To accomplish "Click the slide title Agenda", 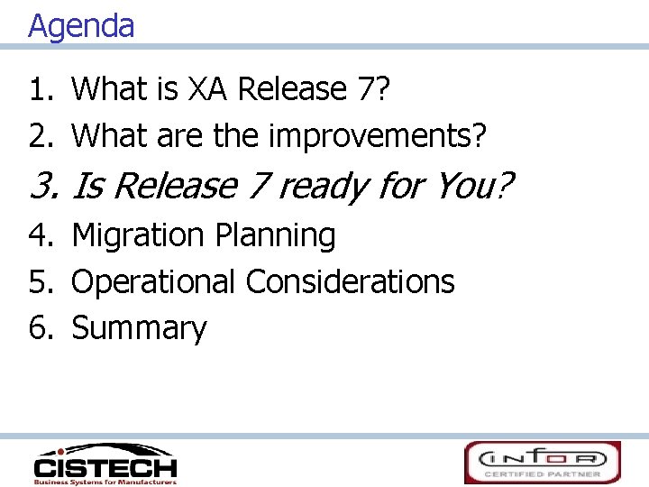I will pyautogui.click(x=81, y=25).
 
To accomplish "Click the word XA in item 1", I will pyautogui.click(x=208, y=89).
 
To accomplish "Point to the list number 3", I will pyautogui.click(x=42, y=186).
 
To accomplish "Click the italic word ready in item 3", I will pyautogui.click(x=320, y=186).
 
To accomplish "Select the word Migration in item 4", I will pyautogui.click(x=137, y=235).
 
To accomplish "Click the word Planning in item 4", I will pyautogui.click(x=274, y=235).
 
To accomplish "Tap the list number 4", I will pyautogui.click(x=40, y=235).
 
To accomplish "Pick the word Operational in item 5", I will pyautogui.click(x=154, y=282).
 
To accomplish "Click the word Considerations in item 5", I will pyautogui.click(x=350, y=282).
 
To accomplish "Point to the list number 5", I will pyautogui.click(x=40, y=282).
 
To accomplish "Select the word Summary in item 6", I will pyautogui.click(x=139, y=329).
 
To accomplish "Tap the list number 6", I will pyautogui.click(x=40, y=329).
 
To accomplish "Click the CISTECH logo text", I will pyautogui.click(x=105, y=467).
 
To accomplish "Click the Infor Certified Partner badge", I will pyautogui.click(x=542, y=462).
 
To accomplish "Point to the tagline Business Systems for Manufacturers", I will pyautogui.click(x=105, y=482).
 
